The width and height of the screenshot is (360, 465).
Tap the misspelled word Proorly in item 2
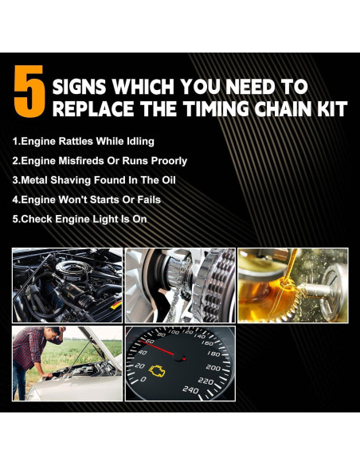167,161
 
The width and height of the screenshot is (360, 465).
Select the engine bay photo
67,284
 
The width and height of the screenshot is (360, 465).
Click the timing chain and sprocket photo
180,284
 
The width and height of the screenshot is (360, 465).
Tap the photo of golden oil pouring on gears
292,284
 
